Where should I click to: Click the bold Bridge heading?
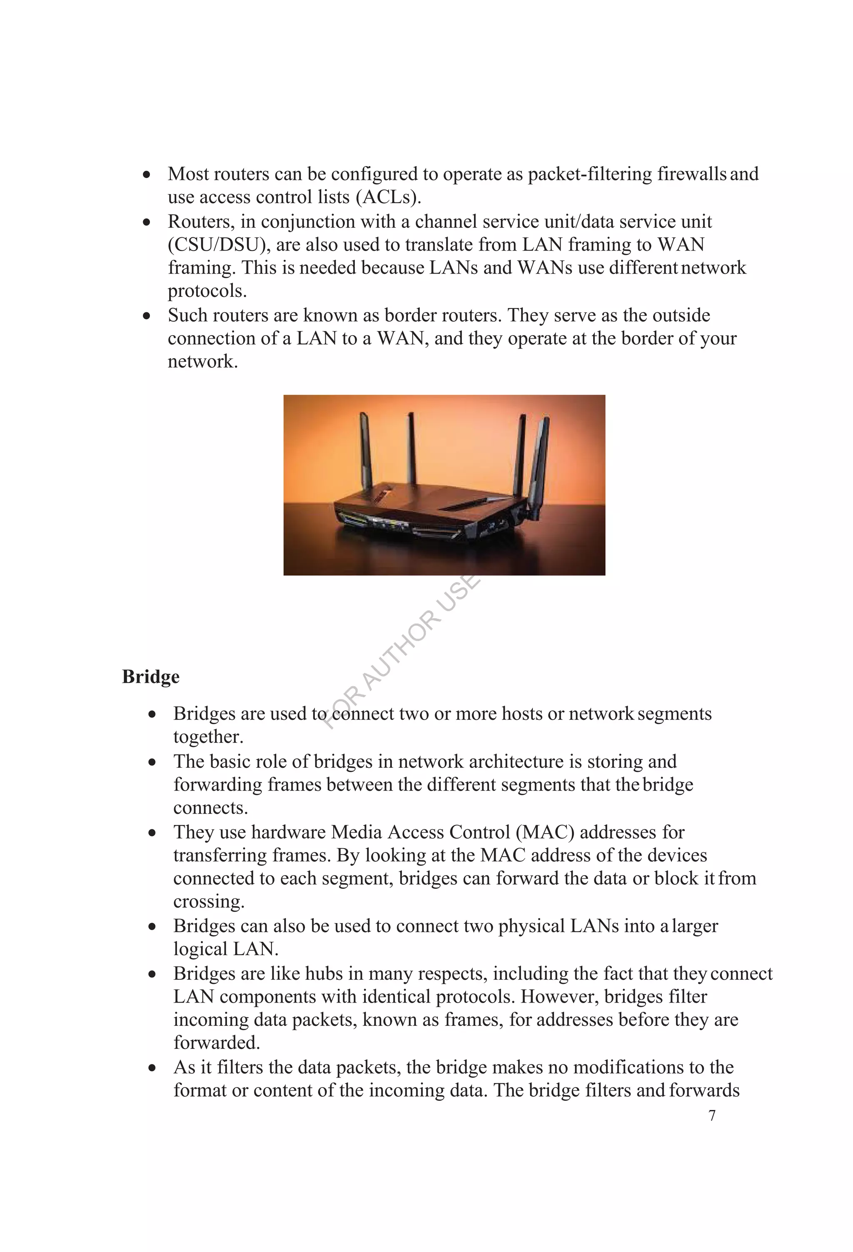coord(150,676)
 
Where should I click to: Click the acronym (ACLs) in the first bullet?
coord(388,197)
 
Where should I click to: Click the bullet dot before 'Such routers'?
coord(147,316)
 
